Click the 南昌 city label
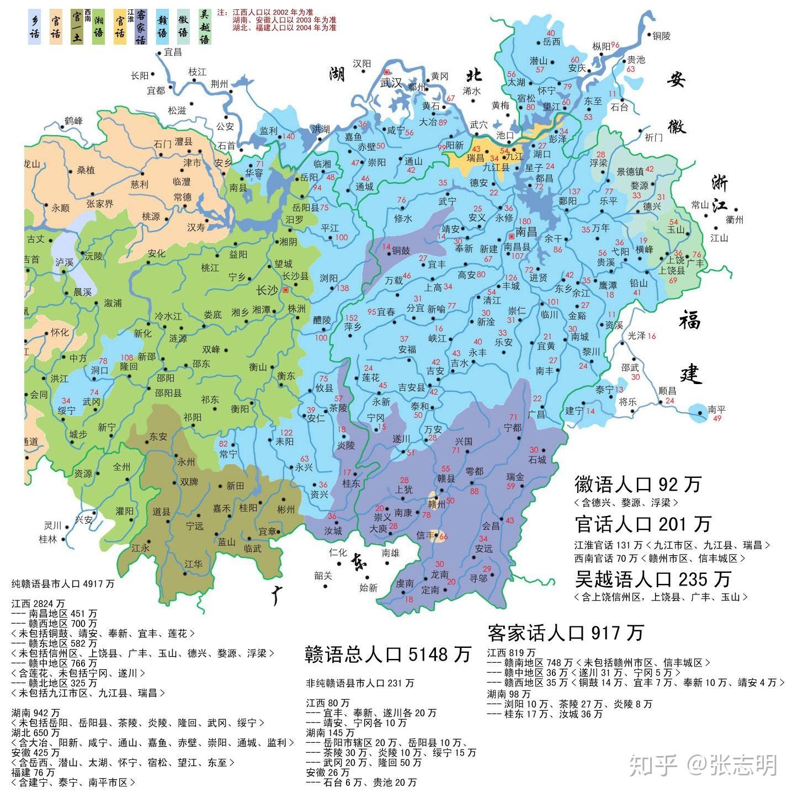(525, 231)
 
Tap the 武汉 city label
(391, 83)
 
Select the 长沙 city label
(268, 290)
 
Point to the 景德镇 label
(629, 172)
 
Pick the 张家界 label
(99, 204)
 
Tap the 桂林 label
(48, 539)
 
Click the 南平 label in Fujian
(716, 409)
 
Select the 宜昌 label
(173, 52)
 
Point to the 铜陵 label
(661, 36)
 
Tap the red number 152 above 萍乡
(351, 318)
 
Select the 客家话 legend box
(141, 26)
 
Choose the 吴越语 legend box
(204, 26)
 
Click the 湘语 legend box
(98, 26)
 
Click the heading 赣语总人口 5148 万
(388, 654)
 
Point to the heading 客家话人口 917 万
(565, 632)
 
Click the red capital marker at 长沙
(285, 290)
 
